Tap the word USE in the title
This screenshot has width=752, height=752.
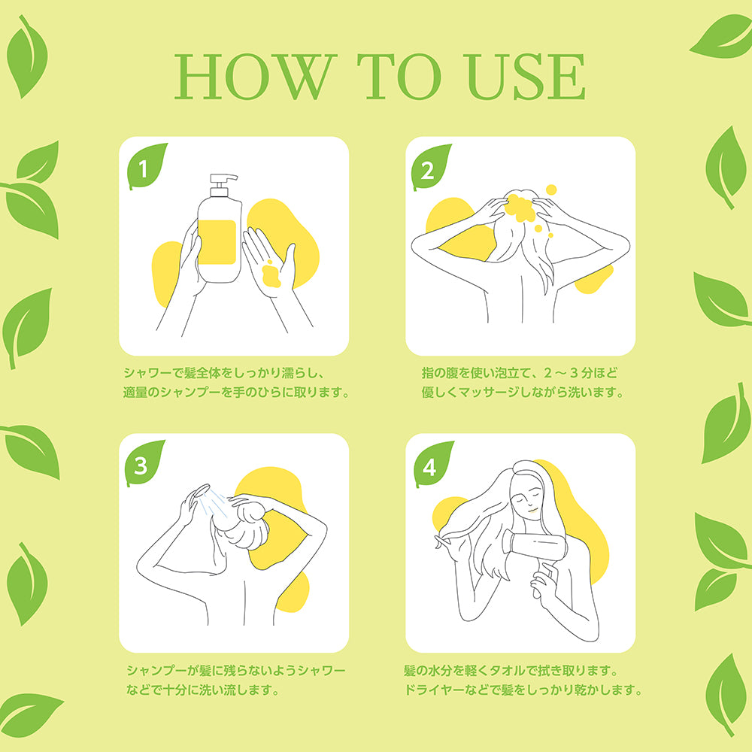tap(526, 77)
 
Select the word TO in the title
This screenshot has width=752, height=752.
tap(399, 77)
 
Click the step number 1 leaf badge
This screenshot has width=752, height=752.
tap(147, 166)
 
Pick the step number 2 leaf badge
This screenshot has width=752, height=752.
tap(431, 168)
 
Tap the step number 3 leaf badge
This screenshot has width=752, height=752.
tap(144, 463)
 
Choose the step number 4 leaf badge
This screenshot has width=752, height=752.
tap(433, 464)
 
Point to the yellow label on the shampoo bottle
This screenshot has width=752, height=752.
tap(217, 242)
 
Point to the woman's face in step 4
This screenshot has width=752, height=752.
tap(527, 500)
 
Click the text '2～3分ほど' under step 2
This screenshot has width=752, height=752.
tap(581, 373)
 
